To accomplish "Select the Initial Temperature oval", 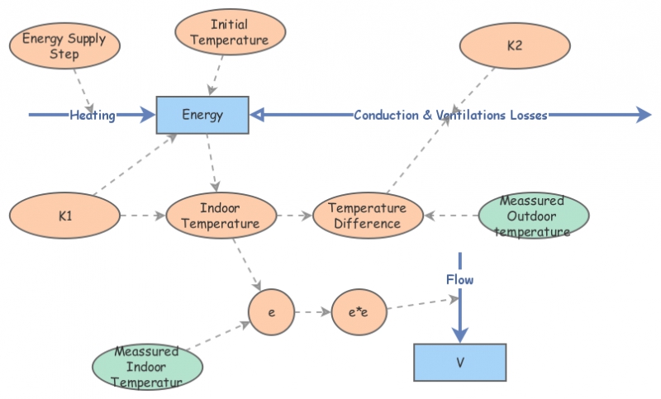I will point(231,32).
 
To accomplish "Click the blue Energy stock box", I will point(202,115).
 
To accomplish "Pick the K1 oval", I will point(64,216).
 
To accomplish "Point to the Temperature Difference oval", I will point(368,216).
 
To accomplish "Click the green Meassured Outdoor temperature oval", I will point(533,216).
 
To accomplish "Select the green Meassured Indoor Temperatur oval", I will point(147,364).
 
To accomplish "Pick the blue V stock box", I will point(459,362).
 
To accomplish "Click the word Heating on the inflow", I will point(93,116).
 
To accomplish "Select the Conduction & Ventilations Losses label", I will point(450,116).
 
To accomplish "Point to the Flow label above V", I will point(460,280).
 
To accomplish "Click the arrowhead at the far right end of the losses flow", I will point(644,115).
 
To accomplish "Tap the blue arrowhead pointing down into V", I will point(460,332).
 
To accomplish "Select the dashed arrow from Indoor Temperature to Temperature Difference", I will point(292,216).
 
